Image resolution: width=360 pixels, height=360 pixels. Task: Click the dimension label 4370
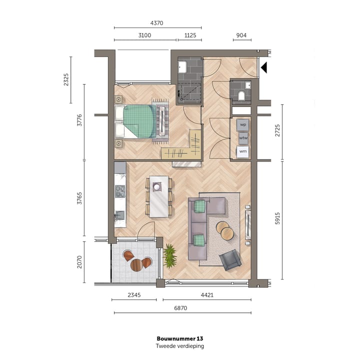(157, 23)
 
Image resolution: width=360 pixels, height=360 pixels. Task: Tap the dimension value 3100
(145, 35)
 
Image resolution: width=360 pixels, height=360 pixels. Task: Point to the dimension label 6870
(180, 308)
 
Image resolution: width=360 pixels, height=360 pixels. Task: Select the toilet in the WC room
(241, 95)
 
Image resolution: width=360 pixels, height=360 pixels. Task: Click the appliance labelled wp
(243, 124)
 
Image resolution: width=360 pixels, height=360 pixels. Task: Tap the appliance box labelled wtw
(243, 137)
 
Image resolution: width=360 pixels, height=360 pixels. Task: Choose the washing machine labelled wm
(243, 150)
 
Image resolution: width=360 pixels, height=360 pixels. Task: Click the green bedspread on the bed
(138, 120)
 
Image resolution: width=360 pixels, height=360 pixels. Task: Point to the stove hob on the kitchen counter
(120, 191)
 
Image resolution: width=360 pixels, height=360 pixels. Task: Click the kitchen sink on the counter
(119, 215)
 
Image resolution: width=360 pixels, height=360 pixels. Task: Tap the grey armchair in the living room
(230, 259)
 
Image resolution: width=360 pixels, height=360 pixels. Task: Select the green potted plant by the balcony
(170, 255)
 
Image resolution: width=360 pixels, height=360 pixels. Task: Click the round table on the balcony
(136, 265)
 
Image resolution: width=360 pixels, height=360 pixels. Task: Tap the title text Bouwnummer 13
(180, 338)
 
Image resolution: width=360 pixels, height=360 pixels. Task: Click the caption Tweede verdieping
(180, 346)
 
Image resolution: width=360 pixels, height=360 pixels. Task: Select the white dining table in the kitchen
(159, 196)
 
